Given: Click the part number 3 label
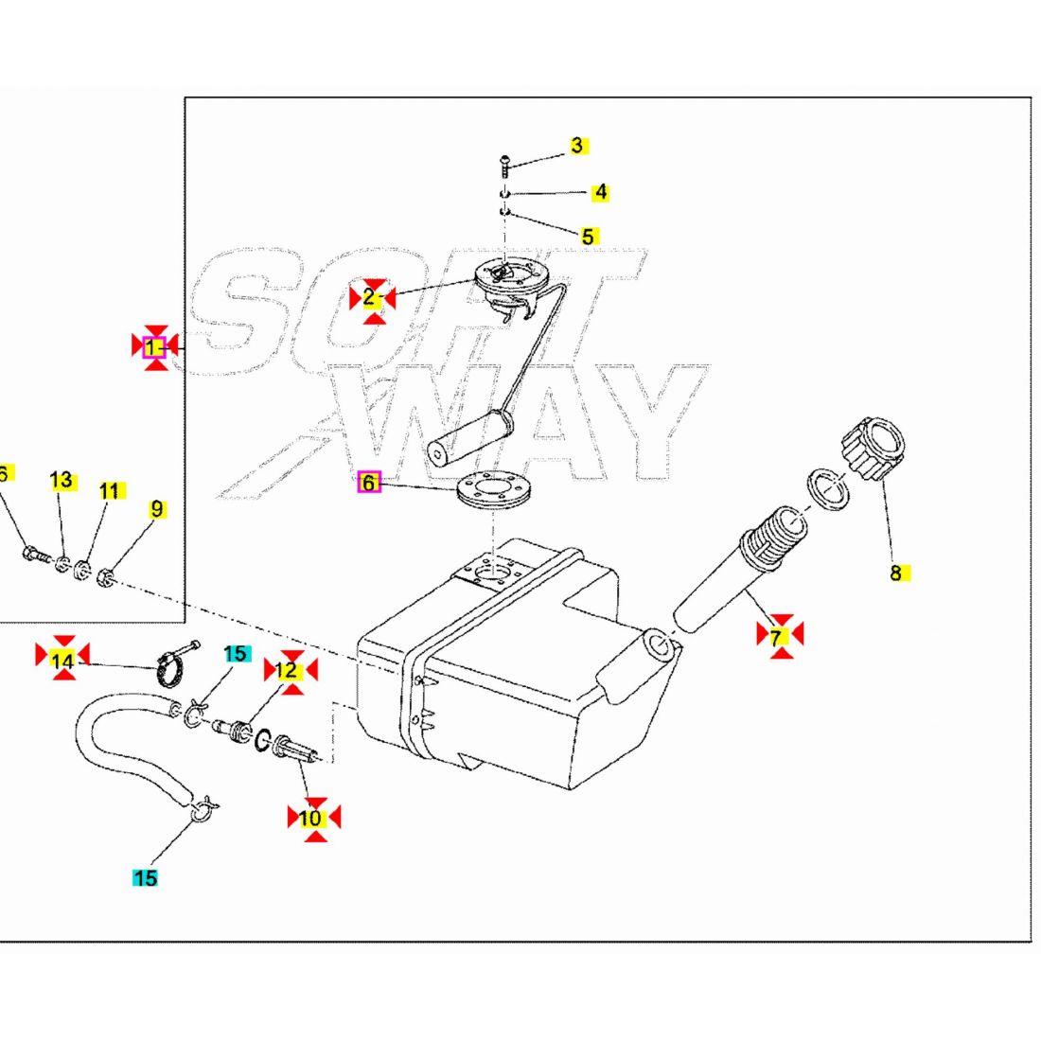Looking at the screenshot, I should tap(577, 146).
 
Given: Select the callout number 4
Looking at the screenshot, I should tap(600, 192).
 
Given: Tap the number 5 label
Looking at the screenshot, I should tap(588, 236).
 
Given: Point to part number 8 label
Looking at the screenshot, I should tap(895, 573).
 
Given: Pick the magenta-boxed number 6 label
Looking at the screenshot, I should tap(369, 483).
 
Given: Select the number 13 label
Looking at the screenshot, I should tap(62, 481).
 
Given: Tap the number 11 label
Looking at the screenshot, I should tap(111, 491).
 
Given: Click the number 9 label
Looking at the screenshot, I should tap(156, 509).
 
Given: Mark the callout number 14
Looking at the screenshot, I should tap(62, 660).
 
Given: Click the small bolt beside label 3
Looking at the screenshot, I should tap(503, 166).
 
